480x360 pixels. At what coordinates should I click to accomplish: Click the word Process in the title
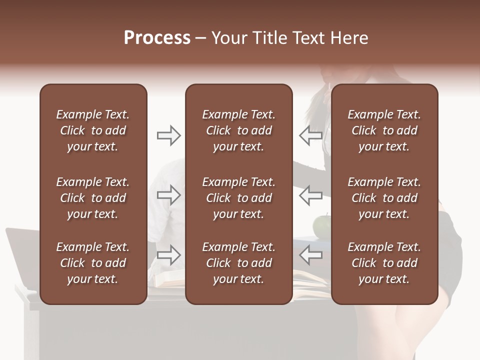(x=157, y=38)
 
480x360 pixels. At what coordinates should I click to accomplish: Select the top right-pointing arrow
(x=168, y=135)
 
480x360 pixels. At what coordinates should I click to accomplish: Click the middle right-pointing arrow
(x=168, y=195)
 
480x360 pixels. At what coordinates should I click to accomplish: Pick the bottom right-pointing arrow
(x=168, y=255)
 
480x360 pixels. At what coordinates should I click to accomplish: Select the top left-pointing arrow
(x=310, y=135)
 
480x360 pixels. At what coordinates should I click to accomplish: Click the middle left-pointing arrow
(x=310, y=195)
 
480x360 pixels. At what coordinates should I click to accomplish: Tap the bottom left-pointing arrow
(x=310, y=255)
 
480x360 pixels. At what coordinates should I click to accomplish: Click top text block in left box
(x=93, y=130)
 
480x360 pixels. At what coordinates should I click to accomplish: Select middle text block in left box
(x=93, y=198)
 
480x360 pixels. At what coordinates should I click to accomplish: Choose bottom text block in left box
(x=93, y=263)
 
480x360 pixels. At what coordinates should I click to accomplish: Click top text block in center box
(x=238, y=130)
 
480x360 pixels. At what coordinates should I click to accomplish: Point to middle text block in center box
(x=238, y=198)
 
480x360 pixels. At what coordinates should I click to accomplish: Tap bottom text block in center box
(x=238, y=263)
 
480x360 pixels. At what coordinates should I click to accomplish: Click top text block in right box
(x=384, y=130)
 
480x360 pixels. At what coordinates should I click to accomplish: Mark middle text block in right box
(x=384, y=198)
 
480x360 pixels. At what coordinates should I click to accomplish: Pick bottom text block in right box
(x=384, y=263)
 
